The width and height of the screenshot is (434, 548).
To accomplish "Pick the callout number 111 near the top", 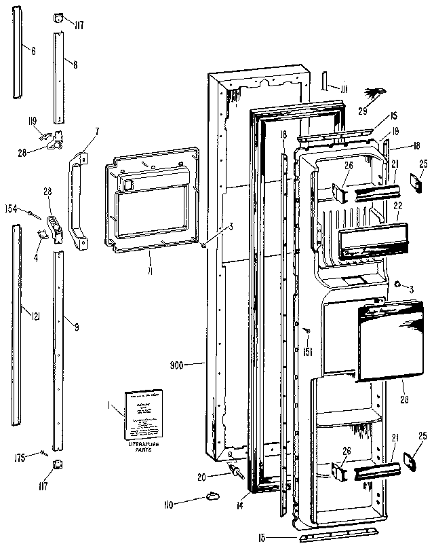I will tap(344, 90).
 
